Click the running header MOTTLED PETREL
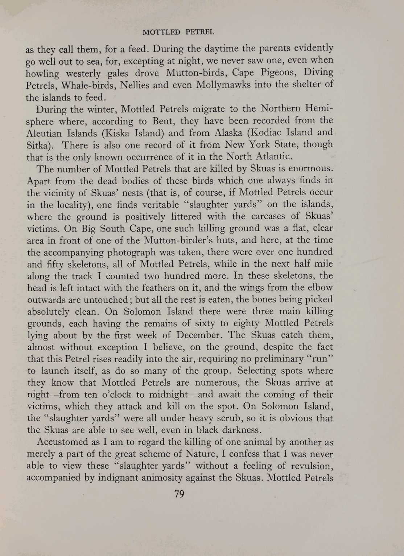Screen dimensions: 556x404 coord(178,32)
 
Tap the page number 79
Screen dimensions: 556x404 coord(180,494)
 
